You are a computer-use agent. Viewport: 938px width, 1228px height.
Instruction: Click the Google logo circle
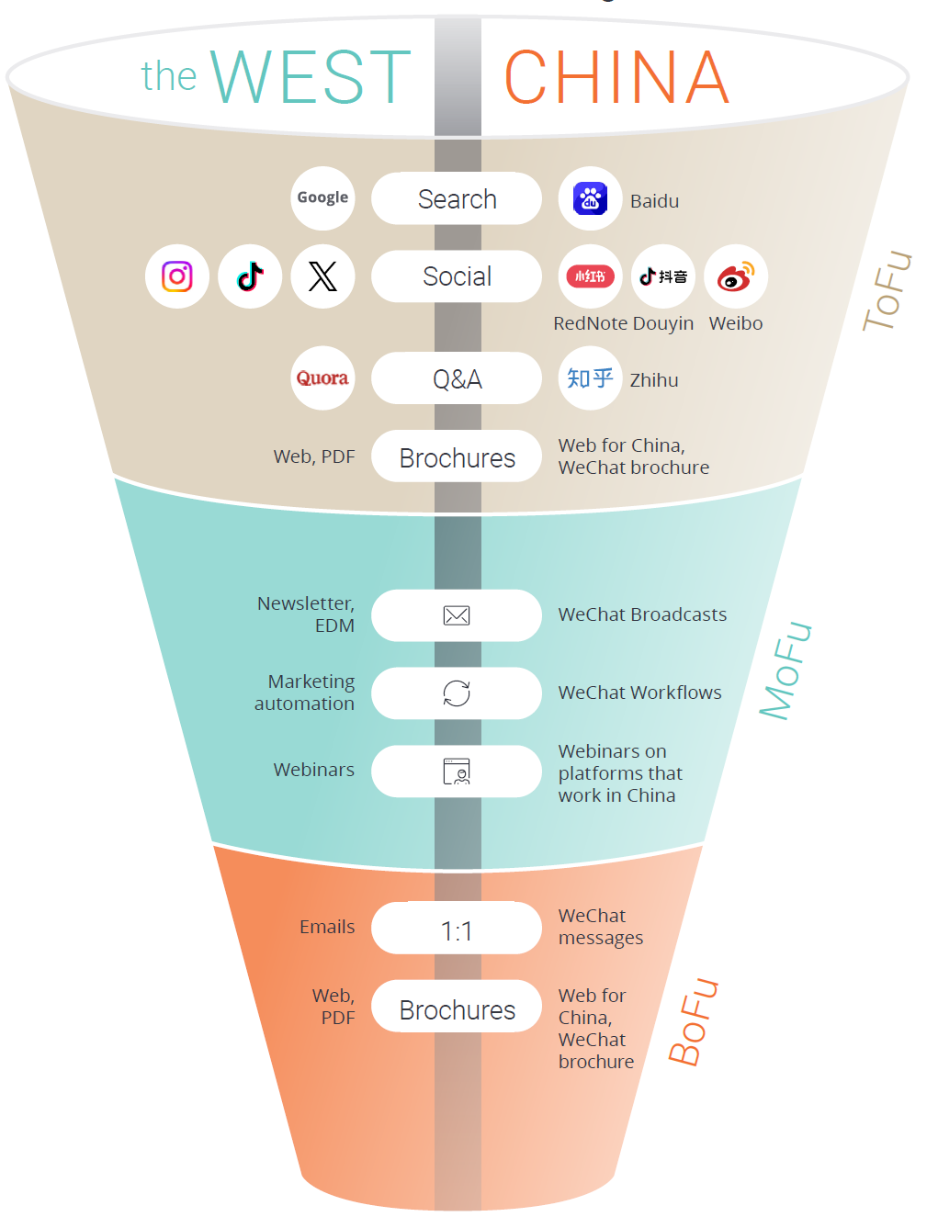pos(322,198)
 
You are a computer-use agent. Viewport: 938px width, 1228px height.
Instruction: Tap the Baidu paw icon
pos(590,198)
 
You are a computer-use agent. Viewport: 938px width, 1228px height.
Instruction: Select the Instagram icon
pos(177,276)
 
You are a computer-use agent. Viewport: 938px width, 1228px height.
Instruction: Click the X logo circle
pos(322,276)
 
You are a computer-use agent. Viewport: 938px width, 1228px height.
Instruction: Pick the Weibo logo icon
pos(736,276)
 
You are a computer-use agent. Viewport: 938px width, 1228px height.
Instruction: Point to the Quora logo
pos(322,378)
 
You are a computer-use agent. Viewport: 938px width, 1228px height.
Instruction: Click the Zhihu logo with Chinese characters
pos(590,378)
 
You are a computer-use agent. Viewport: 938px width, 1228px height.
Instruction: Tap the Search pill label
pos(457,198)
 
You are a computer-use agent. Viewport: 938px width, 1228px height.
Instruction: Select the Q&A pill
pos(457,378)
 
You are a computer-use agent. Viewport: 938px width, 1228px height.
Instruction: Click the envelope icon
pos(457,615)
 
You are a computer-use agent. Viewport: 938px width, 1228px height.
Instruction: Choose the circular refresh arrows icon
pos(457,693)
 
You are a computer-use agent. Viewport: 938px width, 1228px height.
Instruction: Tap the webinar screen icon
pos(457,772)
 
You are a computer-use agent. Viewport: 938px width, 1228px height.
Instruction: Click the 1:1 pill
pos(457,929)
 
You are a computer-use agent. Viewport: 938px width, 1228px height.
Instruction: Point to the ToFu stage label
pos(887,290)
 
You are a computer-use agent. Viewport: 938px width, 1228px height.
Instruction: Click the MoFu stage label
pos(785,670)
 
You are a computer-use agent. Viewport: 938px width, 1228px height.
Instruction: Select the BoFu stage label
pos(694,1021)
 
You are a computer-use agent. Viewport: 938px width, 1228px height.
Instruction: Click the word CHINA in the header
pos(617,77)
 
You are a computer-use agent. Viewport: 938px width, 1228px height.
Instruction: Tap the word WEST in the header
pos(311,77)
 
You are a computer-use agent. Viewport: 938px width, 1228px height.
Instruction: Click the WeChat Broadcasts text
pos(642,614)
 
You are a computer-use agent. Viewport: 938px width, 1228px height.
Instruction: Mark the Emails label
pos(327,927)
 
